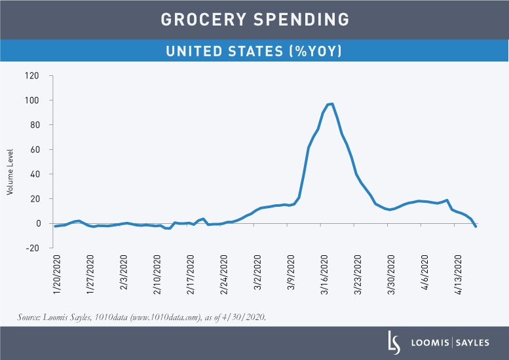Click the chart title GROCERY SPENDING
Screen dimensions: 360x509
tap(255, 20)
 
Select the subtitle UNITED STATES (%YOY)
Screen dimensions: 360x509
tap(255, 50)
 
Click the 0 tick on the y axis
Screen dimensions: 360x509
tap(37, 223)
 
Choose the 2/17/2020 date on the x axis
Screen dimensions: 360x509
tap(192, 275)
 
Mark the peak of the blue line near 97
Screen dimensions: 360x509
tap(332, 103)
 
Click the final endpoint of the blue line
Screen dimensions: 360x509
tap(476, 226)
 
